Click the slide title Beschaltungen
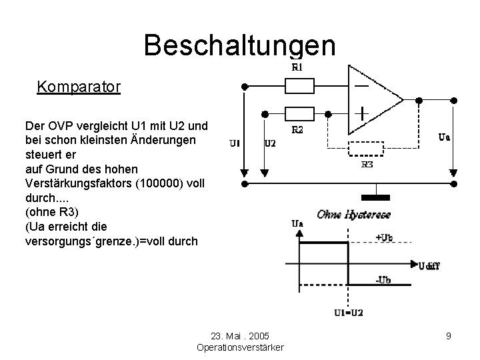pyautogui.click(x=239, y=45)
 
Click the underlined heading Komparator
pyautogui.click(x=79, y=87)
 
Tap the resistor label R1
pyautogui.click(x=297, y=67)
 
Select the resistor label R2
pyautogui.click(x=297, y=131)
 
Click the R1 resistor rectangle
pyautogui.click(x=299, y=86)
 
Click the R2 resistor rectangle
pyautogui.click(x=299, y=114)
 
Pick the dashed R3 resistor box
pyautogui.click(x=366, y=148)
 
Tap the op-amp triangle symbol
pyautogui.click(x=373, y=100)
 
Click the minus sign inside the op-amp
pyautogui.click(x=362, y=87)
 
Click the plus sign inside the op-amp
pyautogui.click(x=362, y=113)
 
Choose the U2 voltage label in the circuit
pyautogui.click(x=270, y=143)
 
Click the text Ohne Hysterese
pyautogui.click(x=353, y=214)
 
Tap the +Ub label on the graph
pyautogui.click(x=385, y=237)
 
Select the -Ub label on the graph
pyautogui.click(x=383, y=280)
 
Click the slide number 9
pyautogui.click(x=449, y=336)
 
